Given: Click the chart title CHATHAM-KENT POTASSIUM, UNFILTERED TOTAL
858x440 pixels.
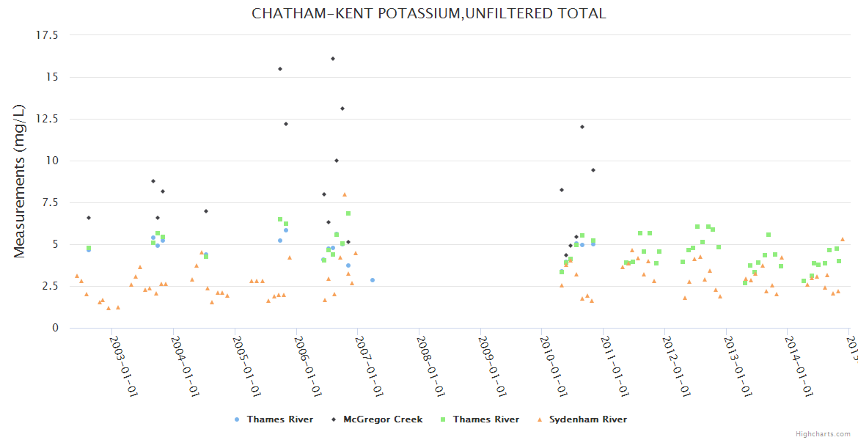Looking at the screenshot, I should coord(429,13).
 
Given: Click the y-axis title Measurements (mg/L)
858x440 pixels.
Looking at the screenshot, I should coord(20,181).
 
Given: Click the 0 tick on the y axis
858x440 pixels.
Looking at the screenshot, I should coord(55,328).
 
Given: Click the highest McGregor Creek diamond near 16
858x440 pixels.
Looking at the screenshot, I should coord(333,59).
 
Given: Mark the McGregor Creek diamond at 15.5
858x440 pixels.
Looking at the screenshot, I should coord(280,69).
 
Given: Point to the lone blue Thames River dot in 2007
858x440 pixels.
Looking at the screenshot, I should coord(373,280).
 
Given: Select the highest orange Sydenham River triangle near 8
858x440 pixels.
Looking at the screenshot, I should coord(345,194).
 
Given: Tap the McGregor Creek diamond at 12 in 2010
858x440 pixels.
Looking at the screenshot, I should coord(582,127).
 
